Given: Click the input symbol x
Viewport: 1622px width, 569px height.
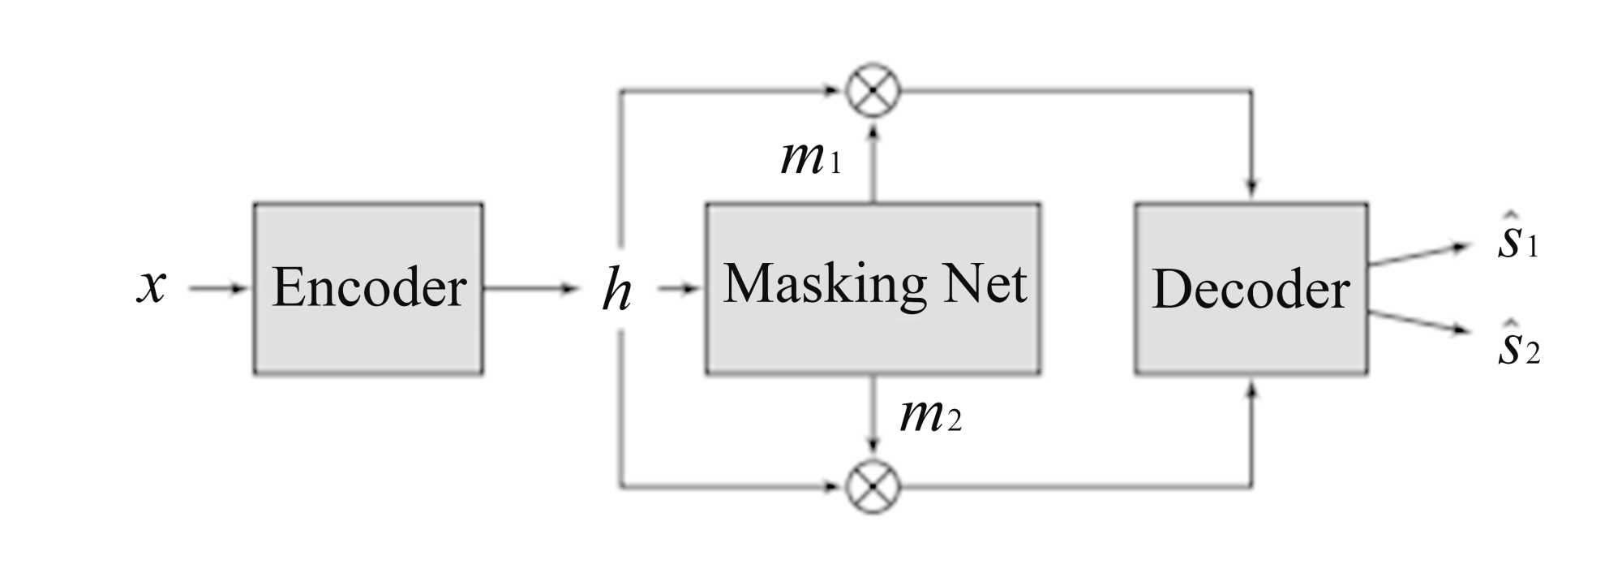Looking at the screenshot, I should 152,286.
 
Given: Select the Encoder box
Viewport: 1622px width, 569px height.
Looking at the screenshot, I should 368,288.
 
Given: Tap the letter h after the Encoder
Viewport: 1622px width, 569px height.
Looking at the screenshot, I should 616,290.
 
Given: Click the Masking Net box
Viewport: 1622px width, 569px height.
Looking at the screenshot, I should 873,288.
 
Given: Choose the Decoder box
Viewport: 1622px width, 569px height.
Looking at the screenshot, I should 1251,288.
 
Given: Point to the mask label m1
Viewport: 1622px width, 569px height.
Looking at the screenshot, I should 810,157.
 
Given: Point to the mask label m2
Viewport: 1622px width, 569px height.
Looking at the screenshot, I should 930,416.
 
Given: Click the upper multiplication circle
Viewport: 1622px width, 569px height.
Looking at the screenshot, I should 873,91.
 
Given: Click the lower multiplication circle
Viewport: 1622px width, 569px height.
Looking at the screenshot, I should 873,486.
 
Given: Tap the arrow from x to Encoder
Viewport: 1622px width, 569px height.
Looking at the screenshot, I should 217,288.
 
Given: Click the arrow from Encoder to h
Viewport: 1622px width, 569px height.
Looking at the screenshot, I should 530,288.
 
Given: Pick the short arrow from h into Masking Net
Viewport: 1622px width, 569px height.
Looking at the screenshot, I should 679,288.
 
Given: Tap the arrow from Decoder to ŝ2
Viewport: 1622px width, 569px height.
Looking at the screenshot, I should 1418,322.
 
